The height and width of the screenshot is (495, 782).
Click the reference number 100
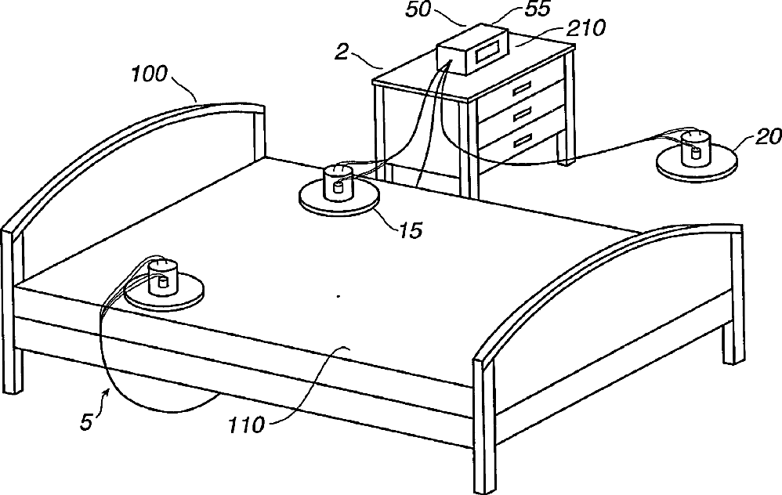pyautogui.click(x=149, y=75)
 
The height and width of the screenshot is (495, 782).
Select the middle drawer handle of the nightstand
pyautogui.click(x=523, y=115)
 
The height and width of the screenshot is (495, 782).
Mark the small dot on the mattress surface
pyautogui.click(x=338, y=297)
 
